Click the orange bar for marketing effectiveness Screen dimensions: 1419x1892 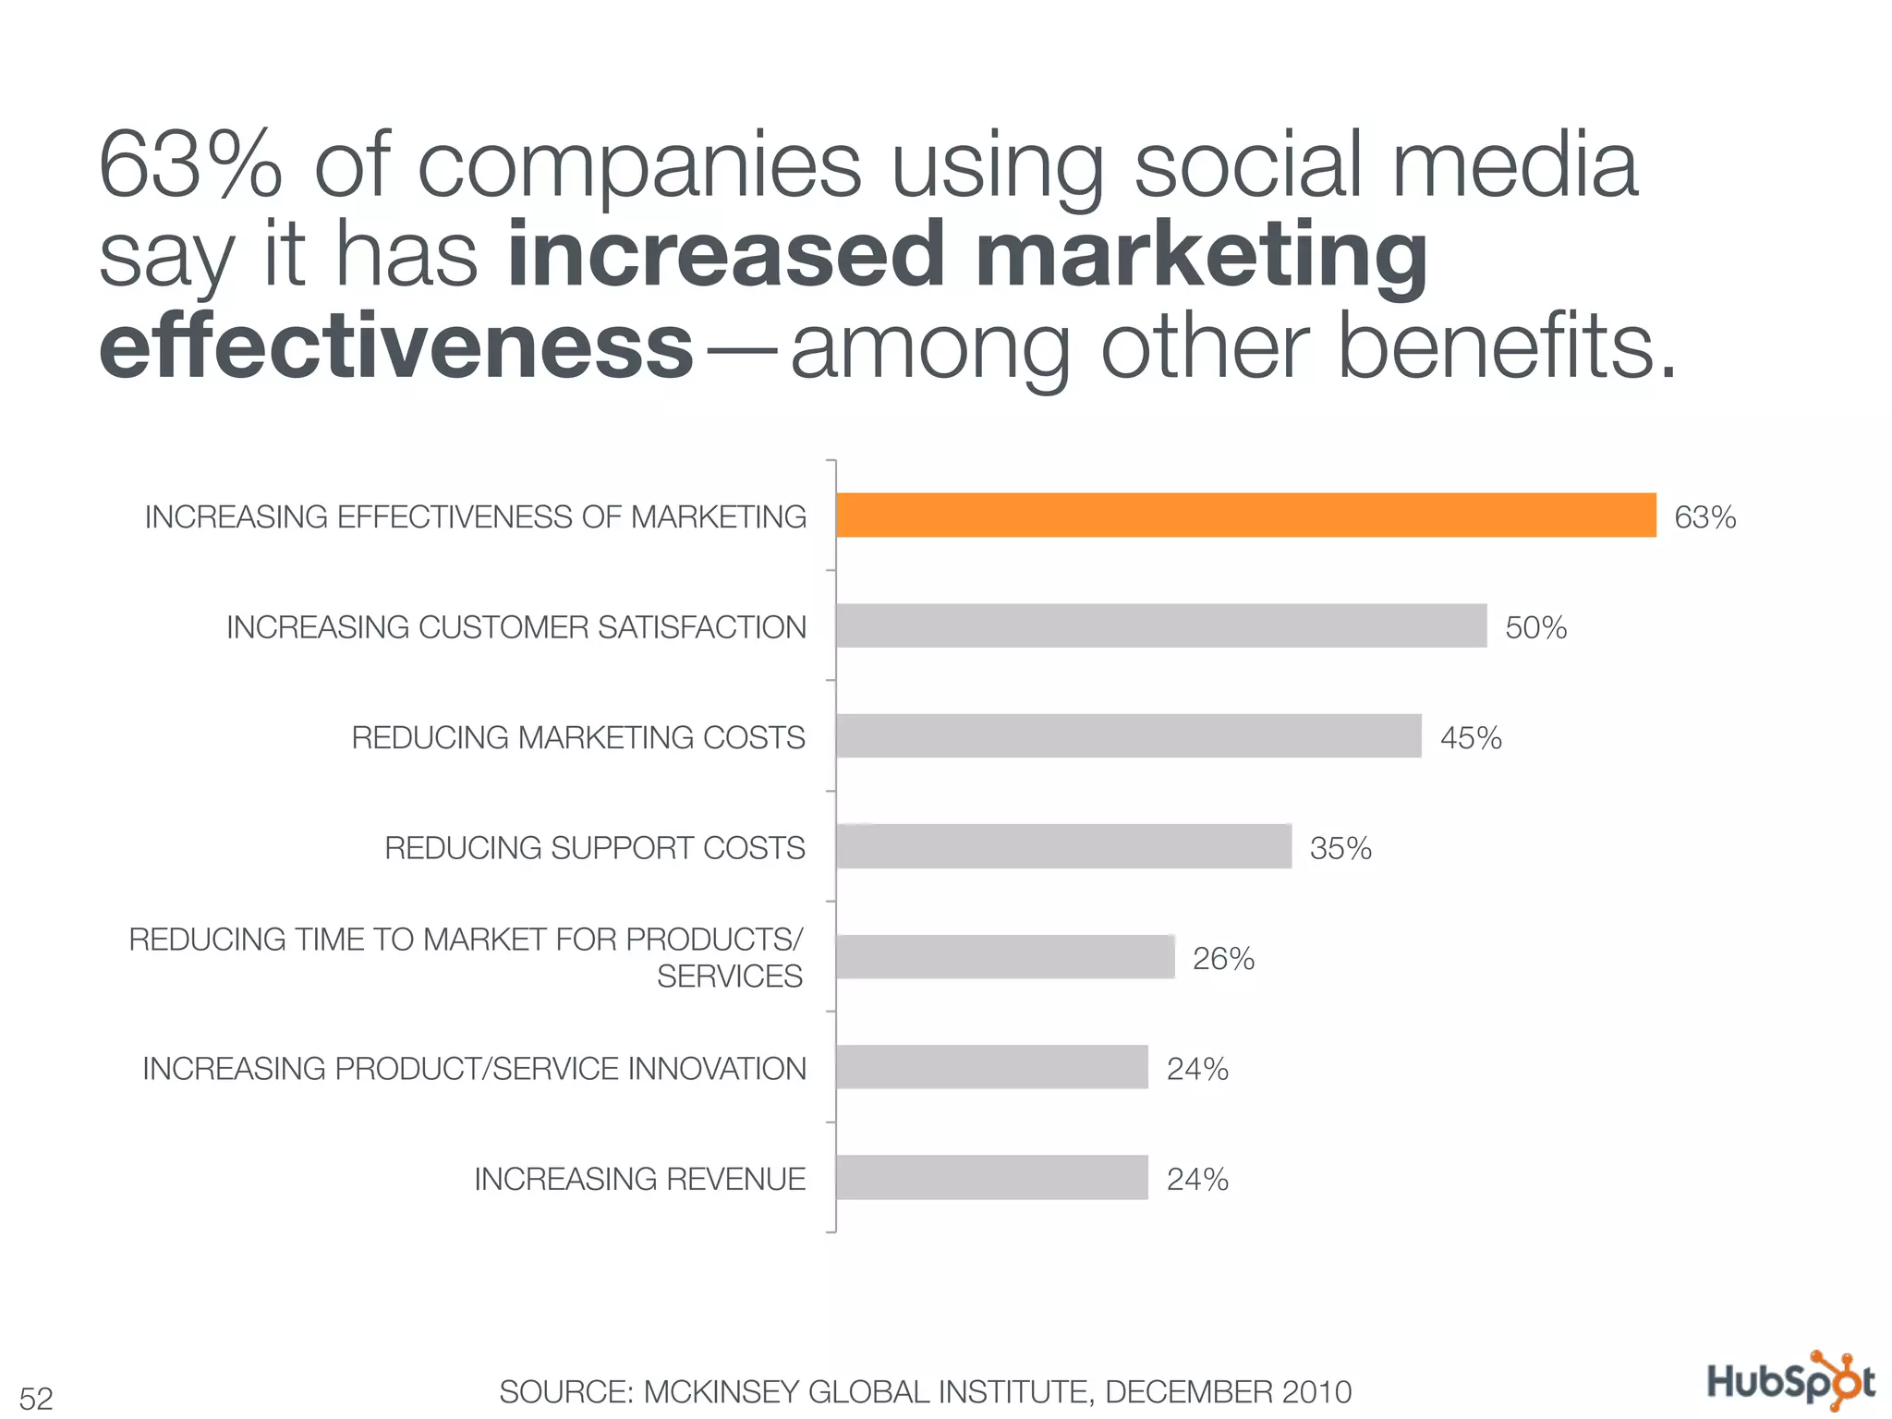1245,515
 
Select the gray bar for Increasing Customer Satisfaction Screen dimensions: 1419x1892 1161,626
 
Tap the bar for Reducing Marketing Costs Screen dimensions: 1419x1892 1128,736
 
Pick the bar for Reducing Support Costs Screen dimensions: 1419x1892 1063,846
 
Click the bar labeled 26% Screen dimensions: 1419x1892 1005,957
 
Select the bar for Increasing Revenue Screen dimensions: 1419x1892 992,1178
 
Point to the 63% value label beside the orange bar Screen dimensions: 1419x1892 1704,517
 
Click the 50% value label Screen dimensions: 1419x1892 1535,628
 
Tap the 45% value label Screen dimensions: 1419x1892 1471,738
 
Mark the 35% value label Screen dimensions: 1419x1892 1340,848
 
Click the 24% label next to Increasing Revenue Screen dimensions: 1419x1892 1197,1180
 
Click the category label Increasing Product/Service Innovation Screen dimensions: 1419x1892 474,1069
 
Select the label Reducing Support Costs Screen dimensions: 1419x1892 595,848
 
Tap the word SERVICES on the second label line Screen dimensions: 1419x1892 730,976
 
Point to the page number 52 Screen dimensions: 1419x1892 36,1398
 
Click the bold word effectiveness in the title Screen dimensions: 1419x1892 396,346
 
